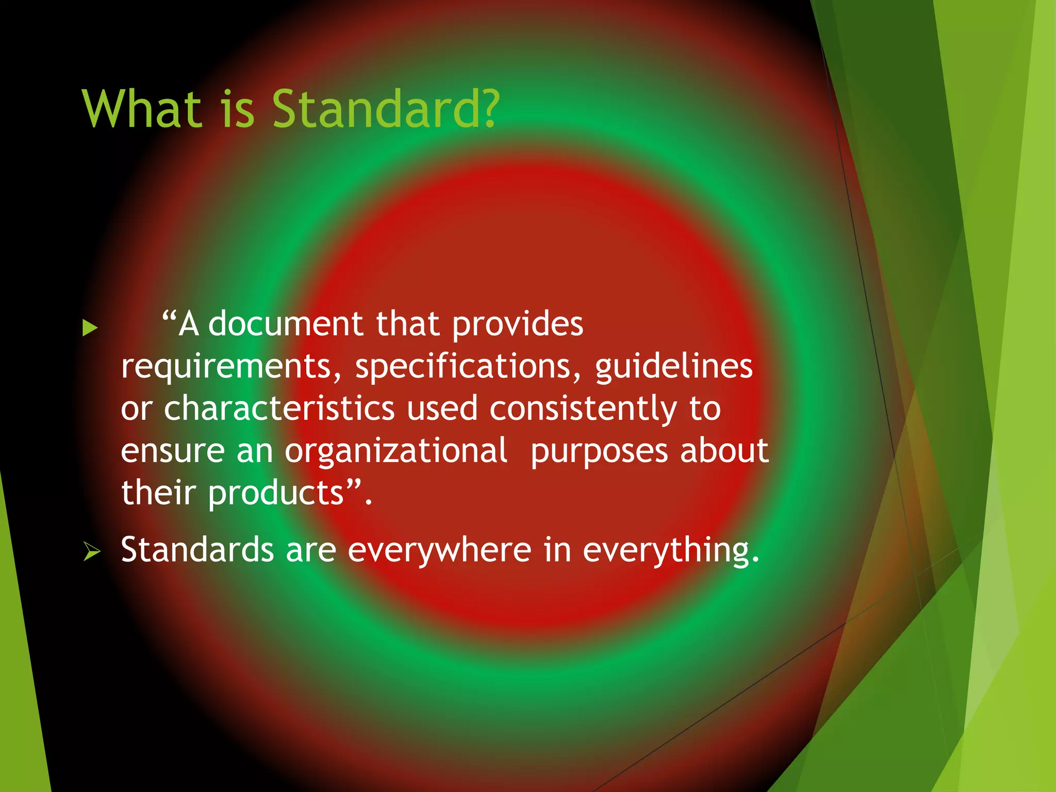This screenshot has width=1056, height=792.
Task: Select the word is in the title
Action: tap(238, 109)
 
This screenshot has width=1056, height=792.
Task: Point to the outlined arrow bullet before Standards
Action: tap(92, 552)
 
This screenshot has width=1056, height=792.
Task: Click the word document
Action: tap(286, 324)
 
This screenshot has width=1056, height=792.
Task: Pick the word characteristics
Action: tap(279, 408)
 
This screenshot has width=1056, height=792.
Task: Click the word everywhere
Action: tap(439, 550)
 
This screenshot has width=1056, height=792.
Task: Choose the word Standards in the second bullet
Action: tap(197, 549)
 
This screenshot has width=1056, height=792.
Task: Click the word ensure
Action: tap(172, 451)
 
